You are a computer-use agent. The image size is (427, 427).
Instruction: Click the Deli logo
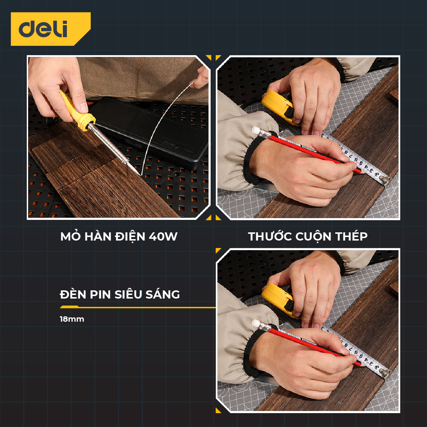51,29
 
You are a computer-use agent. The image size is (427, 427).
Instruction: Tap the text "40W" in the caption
163,236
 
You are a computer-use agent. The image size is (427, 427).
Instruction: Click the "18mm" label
72,319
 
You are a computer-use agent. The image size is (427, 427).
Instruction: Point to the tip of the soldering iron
140,175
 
